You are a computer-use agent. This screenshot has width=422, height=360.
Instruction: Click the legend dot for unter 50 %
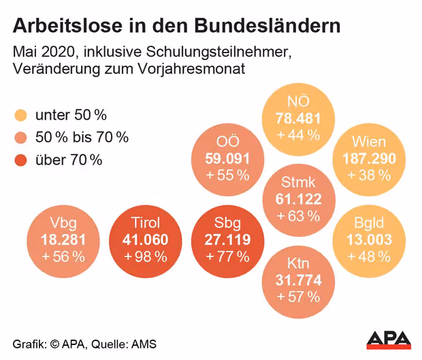(21, 114)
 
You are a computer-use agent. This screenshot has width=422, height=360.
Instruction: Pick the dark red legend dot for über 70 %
(21, 161)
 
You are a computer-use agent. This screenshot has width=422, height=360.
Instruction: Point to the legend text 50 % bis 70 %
(82, 137)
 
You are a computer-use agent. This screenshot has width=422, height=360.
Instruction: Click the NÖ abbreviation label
(298, 103)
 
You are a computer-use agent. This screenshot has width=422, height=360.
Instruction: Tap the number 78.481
(298, 118)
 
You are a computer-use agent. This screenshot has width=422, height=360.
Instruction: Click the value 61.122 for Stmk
(298, 199)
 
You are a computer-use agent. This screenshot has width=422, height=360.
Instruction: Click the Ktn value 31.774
(298, 280)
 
